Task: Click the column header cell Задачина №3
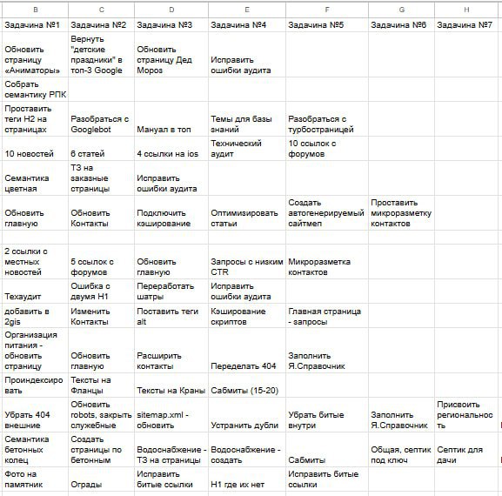tap(171, 25)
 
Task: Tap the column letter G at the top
tap(401, 9)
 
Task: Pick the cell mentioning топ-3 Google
tap(100, 54)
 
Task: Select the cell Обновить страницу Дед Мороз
tap(171, 55)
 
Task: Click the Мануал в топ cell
tap(171, 130)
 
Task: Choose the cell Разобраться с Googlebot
tap(100, 124)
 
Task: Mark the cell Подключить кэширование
tap(171, 218)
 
